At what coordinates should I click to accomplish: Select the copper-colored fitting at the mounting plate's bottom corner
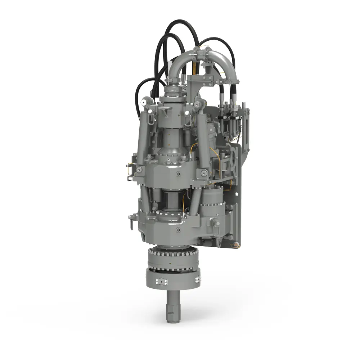click(236, 245)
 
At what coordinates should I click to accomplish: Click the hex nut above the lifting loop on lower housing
click(217, 224)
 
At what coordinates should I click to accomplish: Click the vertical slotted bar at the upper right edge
click(247, 126)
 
